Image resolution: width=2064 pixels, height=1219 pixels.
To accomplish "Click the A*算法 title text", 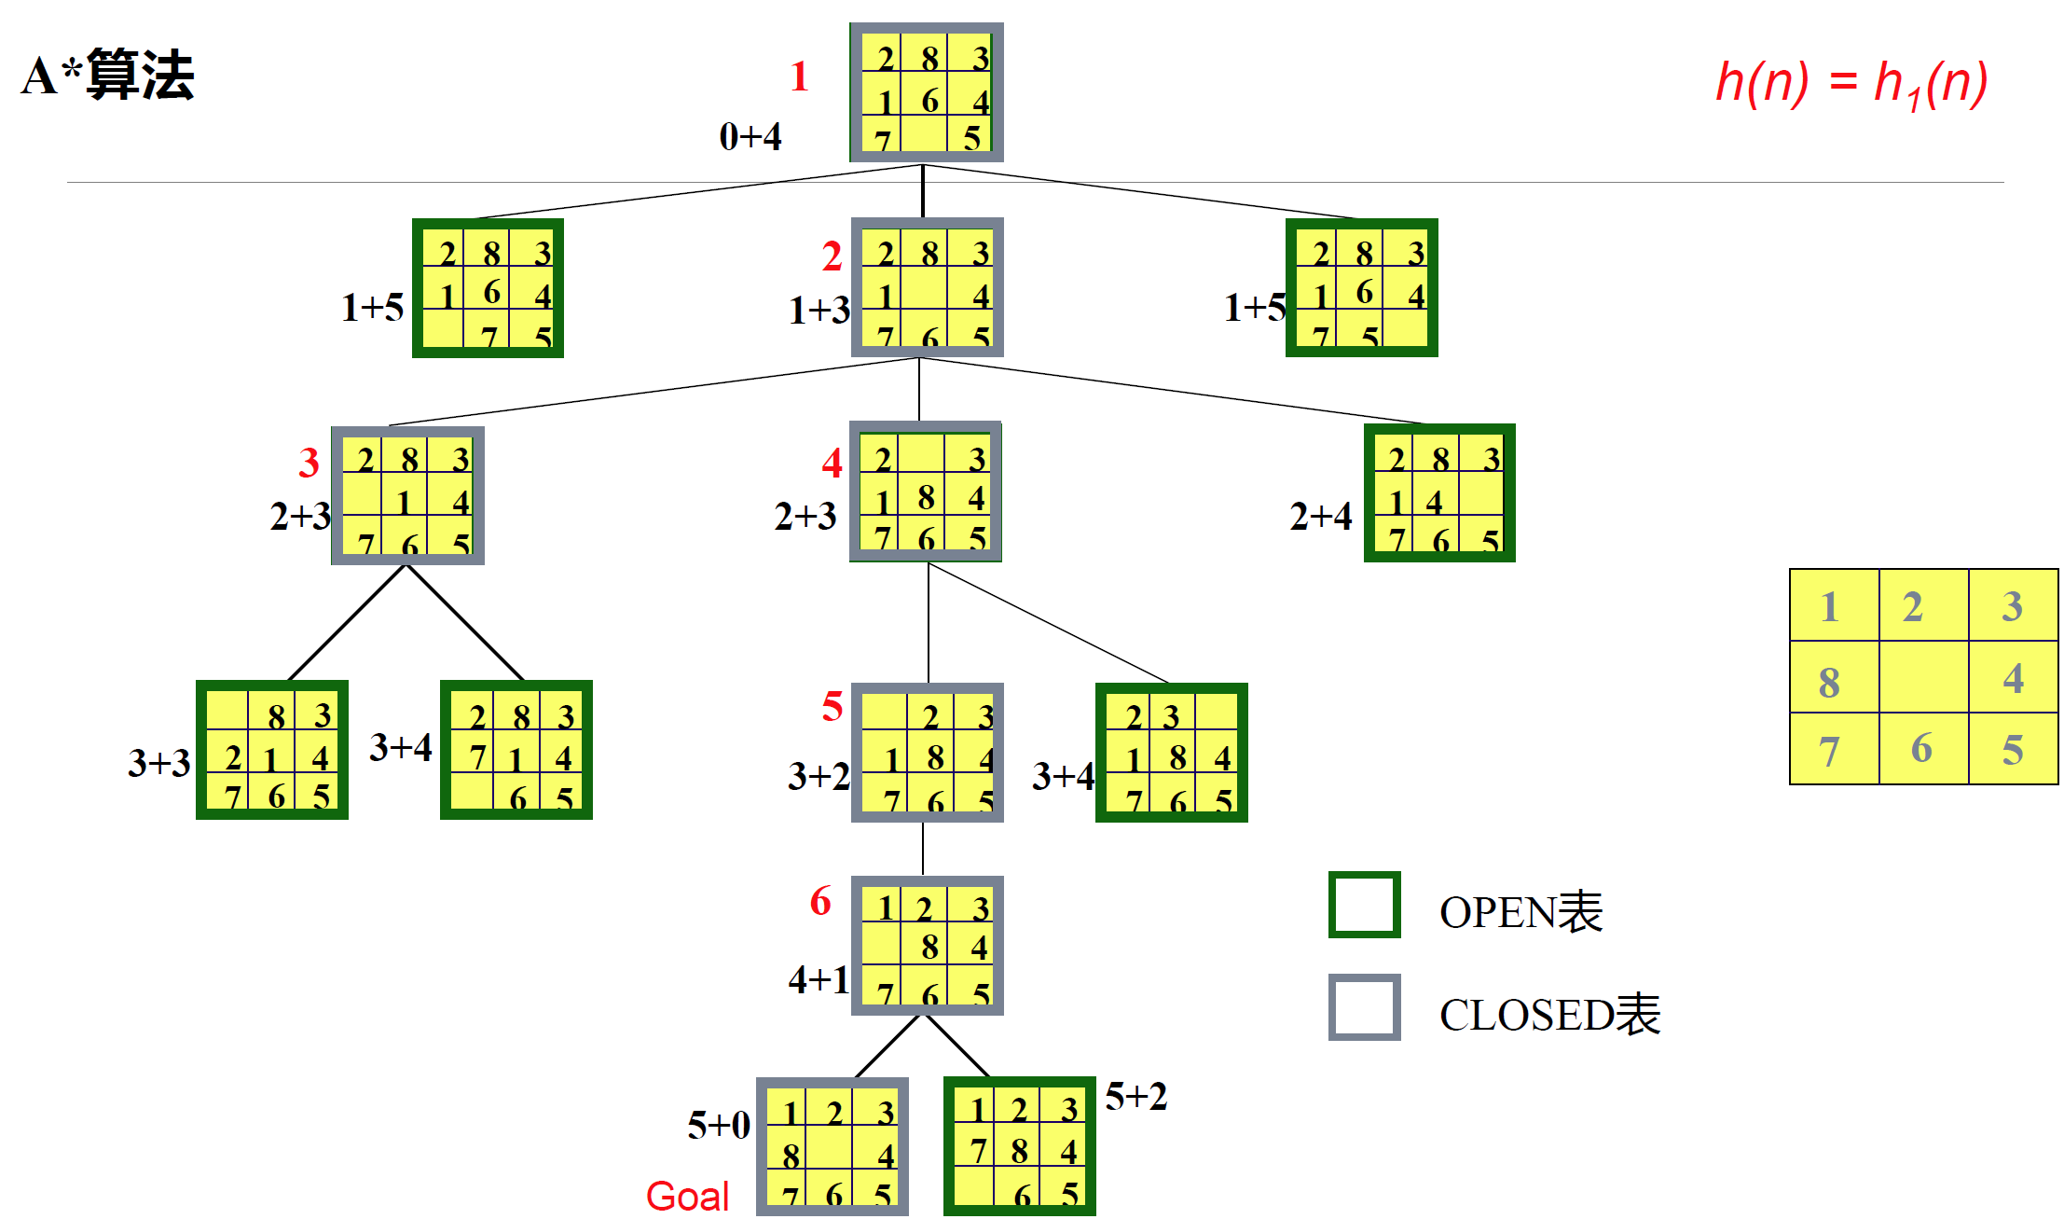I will pos(108,76).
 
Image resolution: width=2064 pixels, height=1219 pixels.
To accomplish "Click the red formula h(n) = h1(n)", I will pos(1851,83).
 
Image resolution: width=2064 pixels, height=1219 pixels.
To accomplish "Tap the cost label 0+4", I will pos(750,137).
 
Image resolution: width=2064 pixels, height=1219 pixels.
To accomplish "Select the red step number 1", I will pos(799,76).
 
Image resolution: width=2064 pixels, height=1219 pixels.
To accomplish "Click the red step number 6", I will pos(820,901).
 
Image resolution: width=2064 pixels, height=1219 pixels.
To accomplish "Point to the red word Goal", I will pos(687,1196).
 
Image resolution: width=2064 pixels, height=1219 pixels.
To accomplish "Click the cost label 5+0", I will pos(719,1125).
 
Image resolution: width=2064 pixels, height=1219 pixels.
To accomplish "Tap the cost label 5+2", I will pos(1135,1097).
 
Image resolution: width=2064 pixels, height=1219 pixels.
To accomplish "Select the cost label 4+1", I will pos(819,979).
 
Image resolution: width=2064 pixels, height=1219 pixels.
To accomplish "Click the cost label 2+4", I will pos(1320,516).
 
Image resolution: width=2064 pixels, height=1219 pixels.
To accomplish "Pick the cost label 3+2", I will pos(819,776).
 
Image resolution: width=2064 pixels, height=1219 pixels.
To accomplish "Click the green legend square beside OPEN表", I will pos(1364,905).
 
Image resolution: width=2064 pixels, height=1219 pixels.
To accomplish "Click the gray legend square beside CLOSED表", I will pos(1364,1007).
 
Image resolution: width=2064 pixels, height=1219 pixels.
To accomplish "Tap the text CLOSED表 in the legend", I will pos(1549,1015).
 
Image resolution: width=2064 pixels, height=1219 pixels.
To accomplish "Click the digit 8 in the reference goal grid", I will pos(1829,682).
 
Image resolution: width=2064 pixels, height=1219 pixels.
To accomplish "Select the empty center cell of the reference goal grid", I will pos(1923,678).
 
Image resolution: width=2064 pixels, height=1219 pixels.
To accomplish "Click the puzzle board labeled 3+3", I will pos(272,750).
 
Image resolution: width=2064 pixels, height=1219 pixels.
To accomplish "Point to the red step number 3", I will pos(309,463).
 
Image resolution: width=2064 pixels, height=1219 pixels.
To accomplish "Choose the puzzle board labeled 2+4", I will pos(1439,493).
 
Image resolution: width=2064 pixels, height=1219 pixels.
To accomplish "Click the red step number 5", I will pos(832,707).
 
